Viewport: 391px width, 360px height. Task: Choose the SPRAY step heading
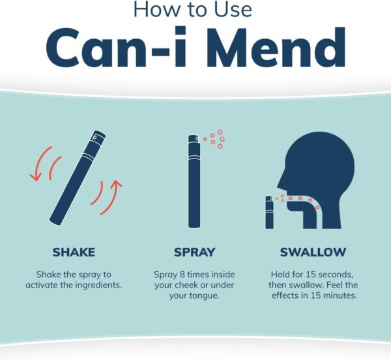(x=195, y=252)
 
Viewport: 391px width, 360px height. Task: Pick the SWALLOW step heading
(x=313, y=252)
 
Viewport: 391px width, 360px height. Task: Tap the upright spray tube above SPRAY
(x=193, y=183)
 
